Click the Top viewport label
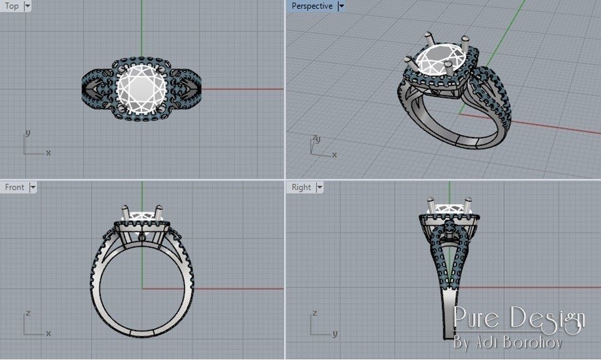click(x=12, y=6)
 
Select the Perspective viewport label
click(x=312, y=6)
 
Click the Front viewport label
click(x=14, y=187)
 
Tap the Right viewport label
click(x=301, y=187)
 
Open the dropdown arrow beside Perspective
click(x=341, y=6)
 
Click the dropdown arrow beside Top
click(x=27, y=6)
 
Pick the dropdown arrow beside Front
click(x=33, y=187)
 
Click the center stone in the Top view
click(x=141, y=89)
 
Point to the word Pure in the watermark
click(x=478, y=319)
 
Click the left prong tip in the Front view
click(x=125, y=210)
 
